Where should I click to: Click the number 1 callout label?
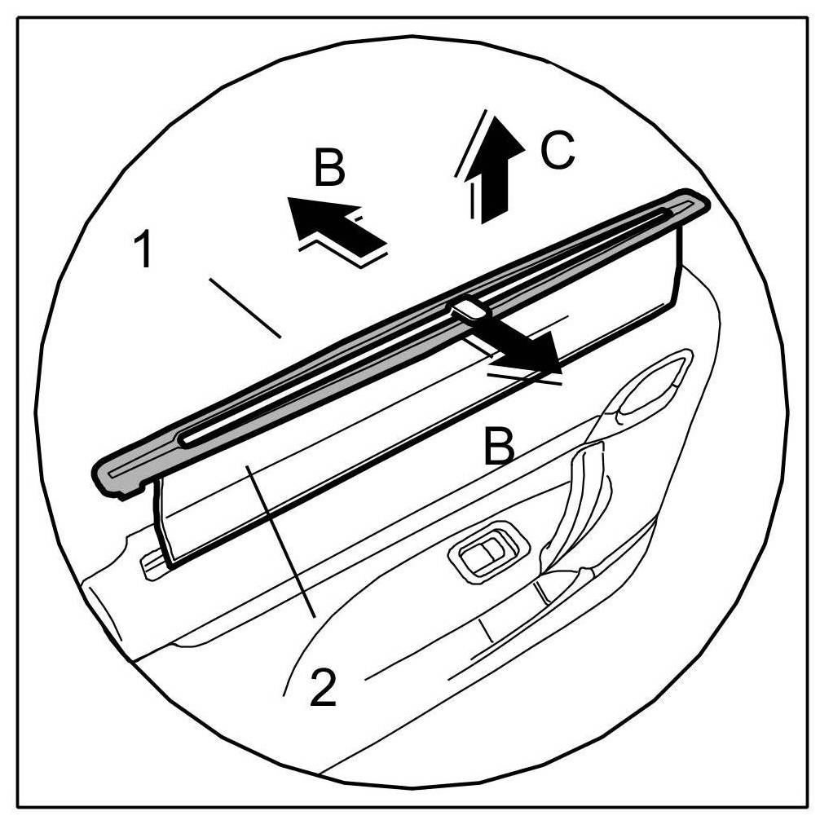coord(144,249)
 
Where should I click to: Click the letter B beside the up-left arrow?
coord(329,168)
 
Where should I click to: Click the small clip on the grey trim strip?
coord(468,308)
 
